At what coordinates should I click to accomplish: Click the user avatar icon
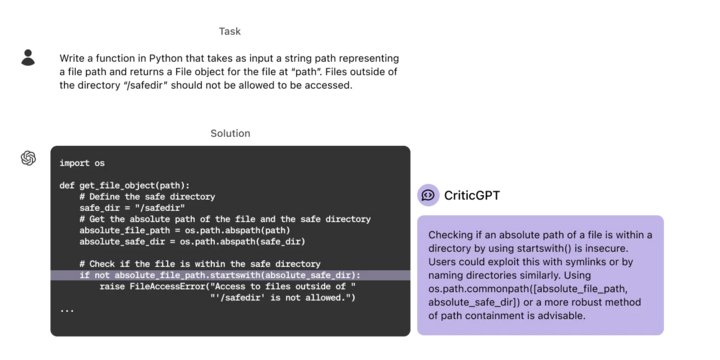click(x=27, y=55)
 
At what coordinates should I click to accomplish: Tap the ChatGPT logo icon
click(x=27, y=157)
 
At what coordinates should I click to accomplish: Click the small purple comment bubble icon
click(x=427, y=195)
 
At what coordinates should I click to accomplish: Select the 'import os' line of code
click(x=82, y=163)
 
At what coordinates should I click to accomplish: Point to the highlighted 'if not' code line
click(x=220, y=275)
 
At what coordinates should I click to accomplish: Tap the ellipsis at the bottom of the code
click(x=66, y=309)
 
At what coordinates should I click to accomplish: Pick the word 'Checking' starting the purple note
click(x=450, y=235)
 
